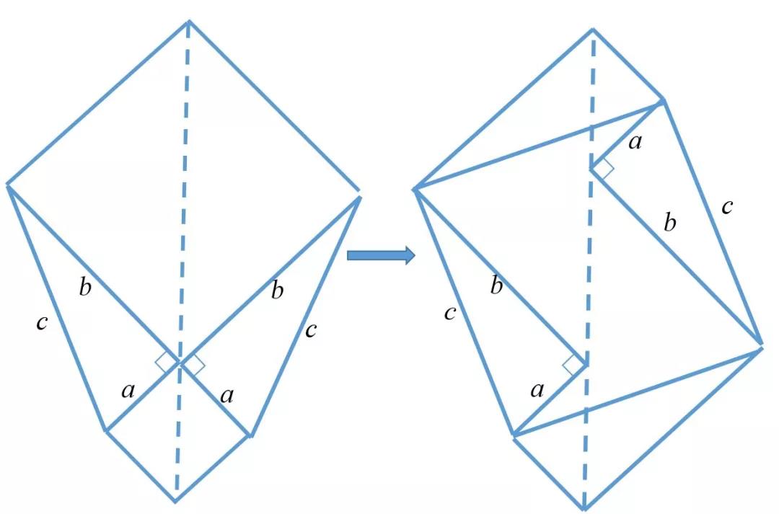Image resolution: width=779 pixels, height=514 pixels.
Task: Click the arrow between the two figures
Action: click(x=381, y=255)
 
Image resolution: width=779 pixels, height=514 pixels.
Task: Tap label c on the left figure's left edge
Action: click(x=43, y=323)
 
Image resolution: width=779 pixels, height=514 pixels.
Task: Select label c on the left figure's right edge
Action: click(x=311, y=330)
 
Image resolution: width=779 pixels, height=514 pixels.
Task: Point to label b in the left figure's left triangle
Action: click(x=85, y=287)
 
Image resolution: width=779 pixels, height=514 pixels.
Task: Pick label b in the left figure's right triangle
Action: click(x=278, y=290)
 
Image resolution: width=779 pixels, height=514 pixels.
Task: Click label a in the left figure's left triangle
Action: click(x=128, y=391)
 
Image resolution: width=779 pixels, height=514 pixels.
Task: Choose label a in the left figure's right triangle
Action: click(x=227, y=396)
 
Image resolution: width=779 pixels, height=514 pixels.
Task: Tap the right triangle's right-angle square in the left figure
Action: click(x=193, y=365)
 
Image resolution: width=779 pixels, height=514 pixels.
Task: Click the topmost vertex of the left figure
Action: click(x=189, y=22)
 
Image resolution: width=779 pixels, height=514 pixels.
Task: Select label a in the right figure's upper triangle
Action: click(x=635, y=143)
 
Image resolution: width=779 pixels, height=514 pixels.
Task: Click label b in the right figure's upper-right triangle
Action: click(x=670, y=223)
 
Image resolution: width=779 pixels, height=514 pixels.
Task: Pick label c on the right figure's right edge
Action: click(x=727, y=207)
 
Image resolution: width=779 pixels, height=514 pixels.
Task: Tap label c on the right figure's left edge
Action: click(x=450, y=314)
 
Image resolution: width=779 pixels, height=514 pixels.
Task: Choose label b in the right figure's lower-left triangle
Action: click(x=496, y=286)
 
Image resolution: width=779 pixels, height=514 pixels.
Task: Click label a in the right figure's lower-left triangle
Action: click(x=537, y=391)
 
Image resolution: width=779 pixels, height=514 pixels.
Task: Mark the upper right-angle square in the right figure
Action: click(x=602, y=169)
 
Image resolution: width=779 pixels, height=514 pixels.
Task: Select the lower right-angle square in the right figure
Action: click(x=575, y=365)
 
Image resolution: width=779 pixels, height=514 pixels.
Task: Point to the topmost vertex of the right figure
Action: click(x=593, y=30)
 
